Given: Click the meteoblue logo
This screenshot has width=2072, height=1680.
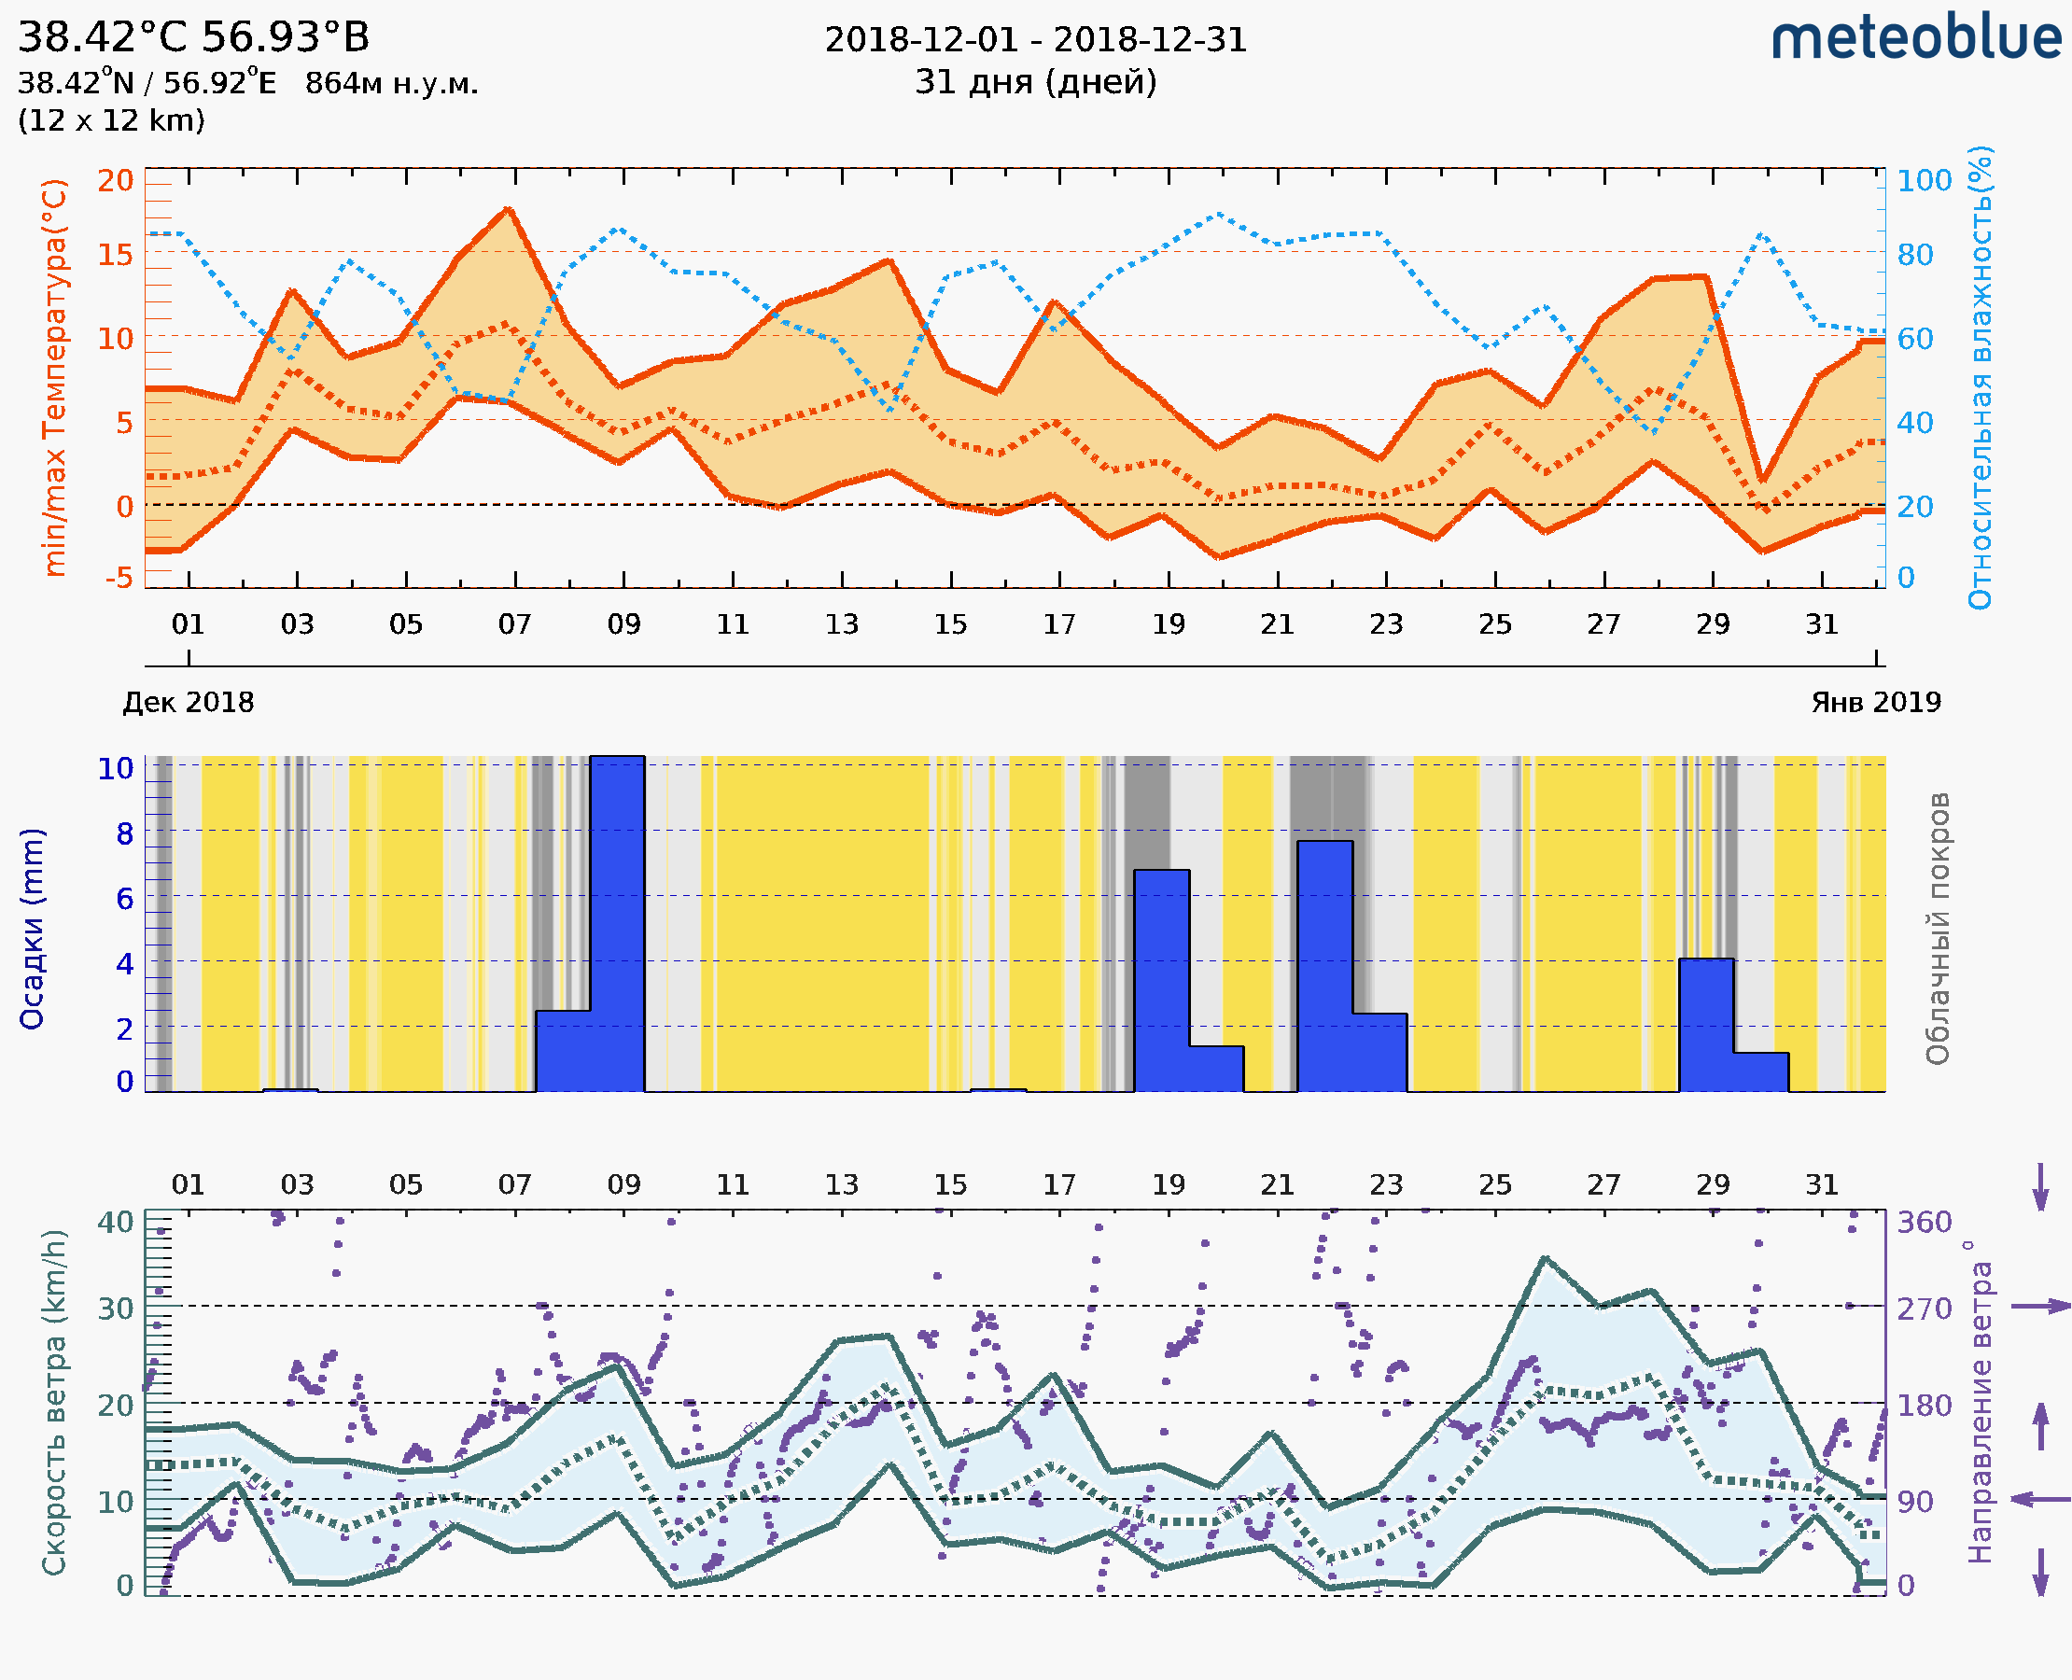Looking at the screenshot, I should tap(1916, 38).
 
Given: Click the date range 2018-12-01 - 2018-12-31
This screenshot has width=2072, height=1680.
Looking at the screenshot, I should tap(1035, 40).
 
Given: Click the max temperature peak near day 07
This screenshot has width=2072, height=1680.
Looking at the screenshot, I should tap(509, 209).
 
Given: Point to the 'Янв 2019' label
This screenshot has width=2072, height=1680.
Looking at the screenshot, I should tap(1876, 703).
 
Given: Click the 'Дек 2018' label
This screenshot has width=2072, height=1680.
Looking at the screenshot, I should tap(189, 703).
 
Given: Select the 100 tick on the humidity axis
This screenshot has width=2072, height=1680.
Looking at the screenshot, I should tap(1924, 181).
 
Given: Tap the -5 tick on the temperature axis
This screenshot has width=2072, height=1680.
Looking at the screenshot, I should tap(119, 578).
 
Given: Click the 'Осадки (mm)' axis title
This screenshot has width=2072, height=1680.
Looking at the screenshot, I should tap(32, 929).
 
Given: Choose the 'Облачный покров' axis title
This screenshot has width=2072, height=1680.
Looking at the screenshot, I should tap(1938, 929).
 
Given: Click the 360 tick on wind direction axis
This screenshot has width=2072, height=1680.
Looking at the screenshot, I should tap(1924, 1223).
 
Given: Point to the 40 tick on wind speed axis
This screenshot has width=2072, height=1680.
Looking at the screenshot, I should tap(116, 1223).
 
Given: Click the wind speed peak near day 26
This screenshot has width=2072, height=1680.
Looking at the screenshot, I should tap(1546, 1258).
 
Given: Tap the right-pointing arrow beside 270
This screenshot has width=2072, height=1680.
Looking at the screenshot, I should tap(2040, 1307).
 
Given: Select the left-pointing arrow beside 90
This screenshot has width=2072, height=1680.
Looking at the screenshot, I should tap(2040, 1500).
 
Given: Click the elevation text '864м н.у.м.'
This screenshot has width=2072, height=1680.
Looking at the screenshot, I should tap(392, 84).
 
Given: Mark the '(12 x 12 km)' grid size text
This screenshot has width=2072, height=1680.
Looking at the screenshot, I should tap(111, 121).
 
